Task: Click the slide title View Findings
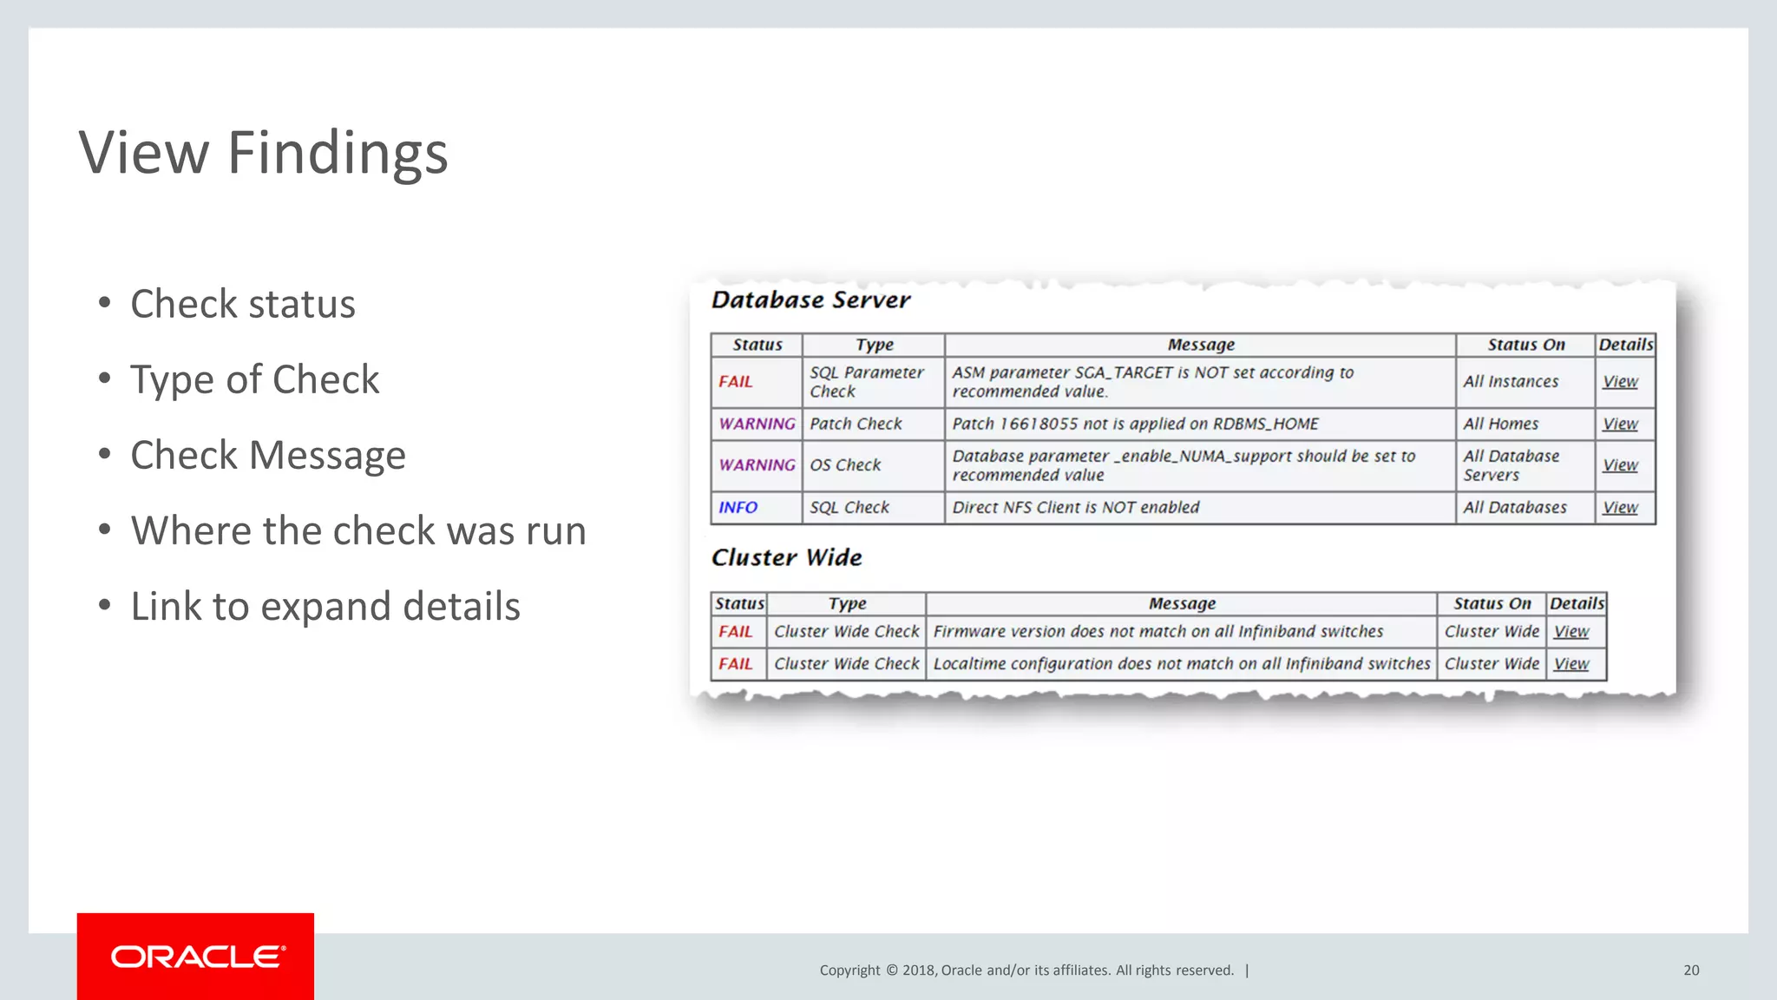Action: [263, 153]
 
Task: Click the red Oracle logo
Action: [195, 956]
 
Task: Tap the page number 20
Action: [1690, 970]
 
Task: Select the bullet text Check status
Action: [242, 304]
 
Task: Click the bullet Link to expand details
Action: [325, 606]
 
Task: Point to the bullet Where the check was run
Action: [357, 530]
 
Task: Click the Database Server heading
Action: [810, 300]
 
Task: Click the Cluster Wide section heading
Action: [786, 557]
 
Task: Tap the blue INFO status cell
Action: [738, 508]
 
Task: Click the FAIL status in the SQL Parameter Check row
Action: [735, 382]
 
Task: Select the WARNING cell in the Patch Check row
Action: [757, 424]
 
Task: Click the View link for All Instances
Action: [1619, 382]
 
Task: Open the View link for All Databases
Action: [1619, 508]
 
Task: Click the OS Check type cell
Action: [845, 465]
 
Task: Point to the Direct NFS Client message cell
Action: [1075, 508]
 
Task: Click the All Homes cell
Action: [1500, 424]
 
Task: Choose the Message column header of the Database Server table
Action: [1200, 345]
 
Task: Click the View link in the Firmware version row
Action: [1570, 632]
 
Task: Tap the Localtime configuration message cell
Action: [1181, 664]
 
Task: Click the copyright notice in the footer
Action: [1026, 970]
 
